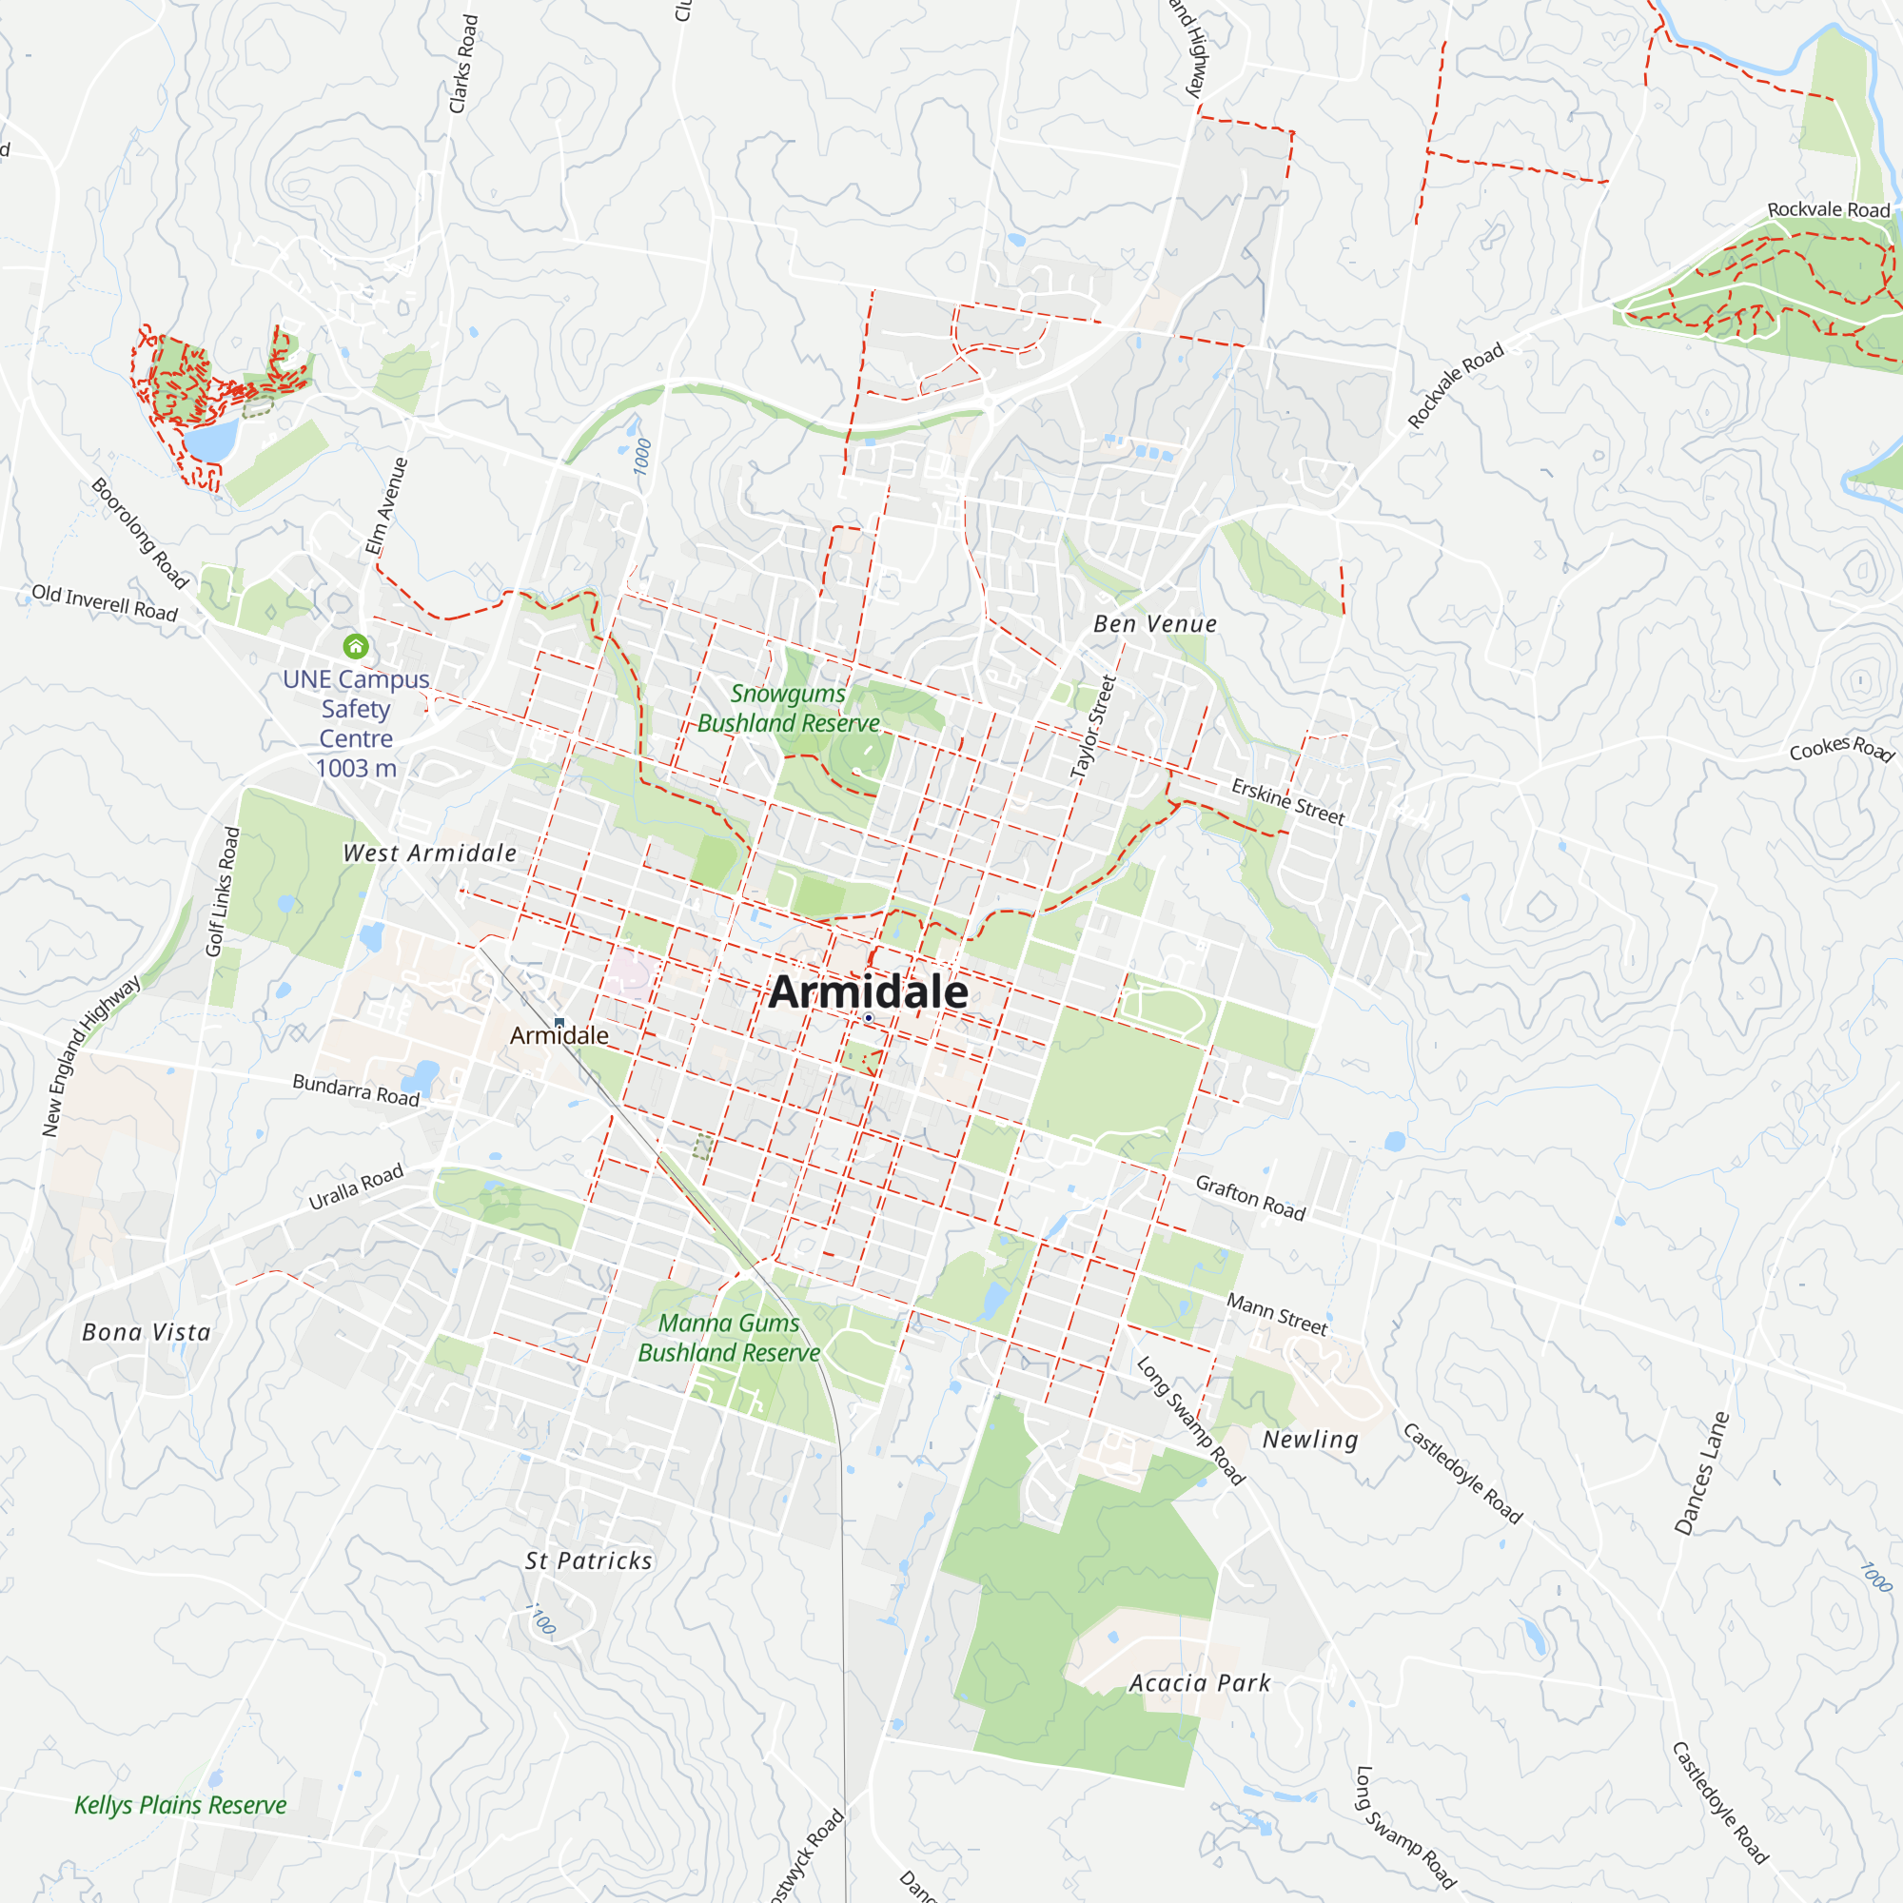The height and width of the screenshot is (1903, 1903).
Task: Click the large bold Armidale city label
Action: pyautogui.click(x=868, y=991)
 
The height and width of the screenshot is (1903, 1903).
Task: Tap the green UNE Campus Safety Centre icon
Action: pyautogui.click(x=356, y=646)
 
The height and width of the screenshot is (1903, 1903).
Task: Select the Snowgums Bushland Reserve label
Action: pyautogui.click(x=788, y=708)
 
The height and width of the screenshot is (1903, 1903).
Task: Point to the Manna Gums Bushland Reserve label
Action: pyautogui.click(x=729, y=1338)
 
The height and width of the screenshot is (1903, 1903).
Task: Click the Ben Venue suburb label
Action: pyautogui.click(x=1155, y=623)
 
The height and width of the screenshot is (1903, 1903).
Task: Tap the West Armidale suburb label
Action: pyautogui.click(x=429, y=853)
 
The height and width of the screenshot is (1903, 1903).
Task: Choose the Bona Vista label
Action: pyautogui.click(x=147, y=1332)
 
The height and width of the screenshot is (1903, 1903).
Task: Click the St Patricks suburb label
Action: pyautogui.click(x=588, y=1560)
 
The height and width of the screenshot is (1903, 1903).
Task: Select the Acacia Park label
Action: pyautogui.click(x=1200, y=1682)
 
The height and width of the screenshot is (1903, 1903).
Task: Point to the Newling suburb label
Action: pyautogui.click(x=1310, y=1439)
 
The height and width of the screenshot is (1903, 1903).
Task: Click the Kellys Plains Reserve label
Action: pyautogui.click(x=180, y=1804)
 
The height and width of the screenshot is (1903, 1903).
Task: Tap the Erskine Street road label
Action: pyautogui.click(x=1287, y=802)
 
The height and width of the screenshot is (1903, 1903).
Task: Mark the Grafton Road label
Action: pyautogui.click(x=1250, y=1198)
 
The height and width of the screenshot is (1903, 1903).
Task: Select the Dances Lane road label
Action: pyautogui.click(x=1701, y=1474)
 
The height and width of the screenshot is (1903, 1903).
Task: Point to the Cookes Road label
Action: pyautogui.click(x=1841, y=749)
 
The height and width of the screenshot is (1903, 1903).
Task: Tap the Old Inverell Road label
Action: pyautogui.click(x=105, y=603)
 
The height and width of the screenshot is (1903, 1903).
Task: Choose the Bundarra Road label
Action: pyautogui.click(x=356, y=1089)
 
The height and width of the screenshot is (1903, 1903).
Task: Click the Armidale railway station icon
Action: pyautogui.click(x=559, y=1024)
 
